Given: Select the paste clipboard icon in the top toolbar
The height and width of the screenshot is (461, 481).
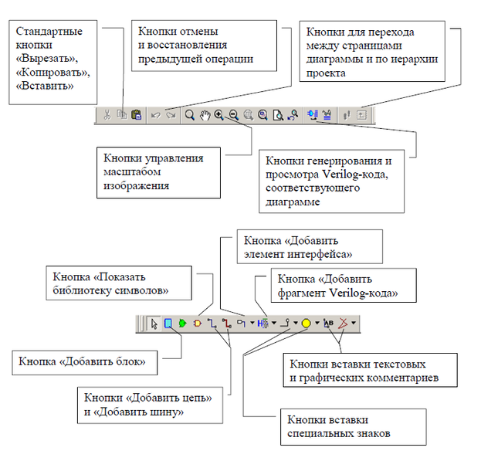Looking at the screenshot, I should (136, 115).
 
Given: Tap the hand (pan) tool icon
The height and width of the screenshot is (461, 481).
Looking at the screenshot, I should (205, 115).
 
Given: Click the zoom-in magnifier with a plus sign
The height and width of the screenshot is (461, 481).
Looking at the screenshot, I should (219, 115).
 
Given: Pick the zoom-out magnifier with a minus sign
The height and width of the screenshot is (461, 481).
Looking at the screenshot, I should (233, 115).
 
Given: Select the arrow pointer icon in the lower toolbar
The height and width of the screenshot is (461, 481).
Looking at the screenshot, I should (154, 324).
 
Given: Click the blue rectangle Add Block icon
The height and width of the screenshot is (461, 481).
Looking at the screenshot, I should (168, 324).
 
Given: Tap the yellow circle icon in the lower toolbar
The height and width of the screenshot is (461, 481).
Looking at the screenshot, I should (306, 324).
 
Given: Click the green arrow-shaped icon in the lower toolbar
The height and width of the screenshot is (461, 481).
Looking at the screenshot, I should (182, 324).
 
